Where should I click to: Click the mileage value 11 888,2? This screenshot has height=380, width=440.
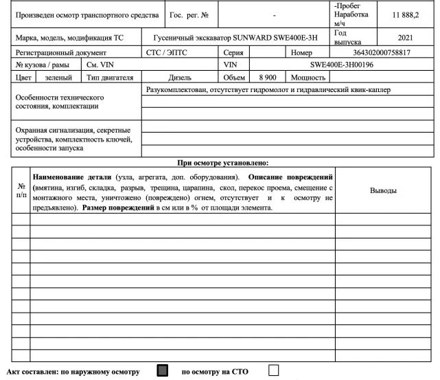pos(405,14)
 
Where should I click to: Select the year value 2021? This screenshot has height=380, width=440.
pos(405,37)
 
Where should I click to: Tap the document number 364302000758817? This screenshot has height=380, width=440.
pos(381,52)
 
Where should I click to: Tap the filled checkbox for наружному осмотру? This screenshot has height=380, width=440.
pos(162,371)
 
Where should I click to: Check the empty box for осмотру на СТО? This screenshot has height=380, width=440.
pos(274,371)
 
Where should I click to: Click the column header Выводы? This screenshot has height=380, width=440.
pos(383,190)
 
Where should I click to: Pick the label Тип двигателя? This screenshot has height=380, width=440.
pos(109,78)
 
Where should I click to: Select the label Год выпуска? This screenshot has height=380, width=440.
pos(347,37)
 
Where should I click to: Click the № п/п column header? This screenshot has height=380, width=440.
pos(21,190)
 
